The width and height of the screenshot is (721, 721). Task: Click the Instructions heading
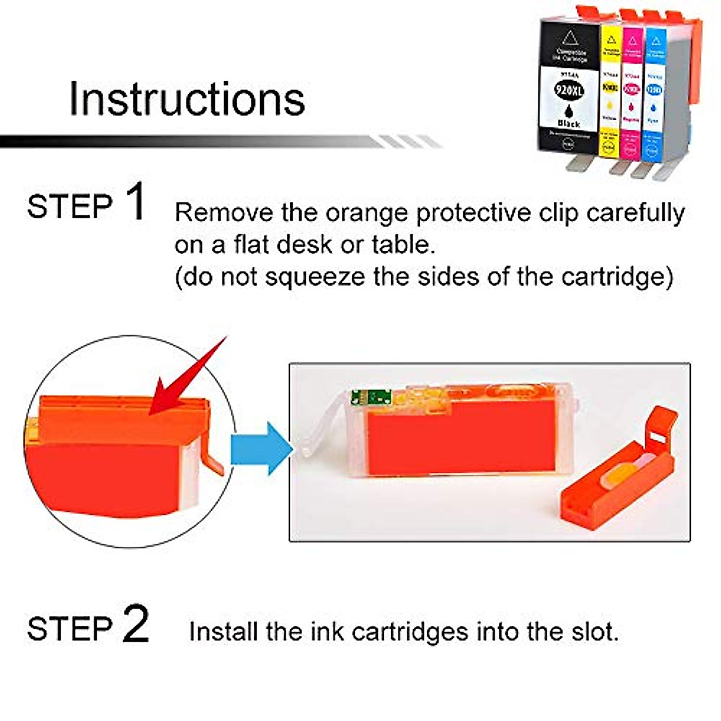click(187, 99)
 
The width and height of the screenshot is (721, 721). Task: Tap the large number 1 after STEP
click(136, 202)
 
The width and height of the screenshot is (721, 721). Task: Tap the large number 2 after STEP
click(136, 624)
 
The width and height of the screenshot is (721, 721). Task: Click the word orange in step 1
click(368, 214)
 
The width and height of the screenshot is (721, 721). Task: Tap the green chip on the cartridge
click(371, 397)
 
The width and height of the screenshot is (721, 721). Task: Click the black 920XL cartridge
click(568, 90)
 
